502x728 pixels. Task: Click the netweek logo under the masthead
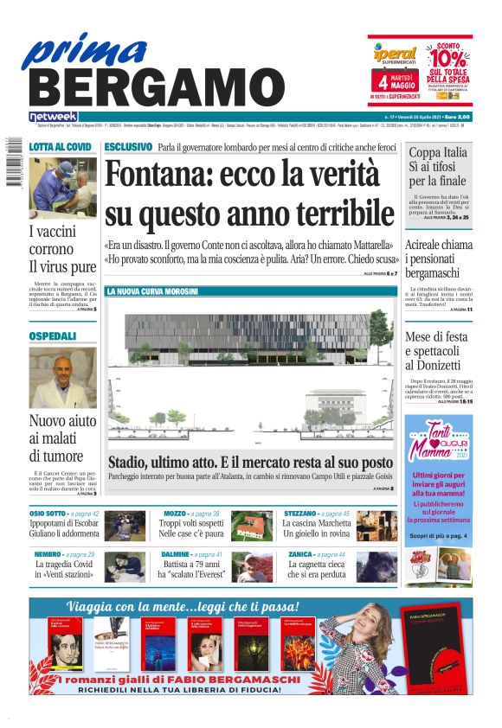point(54,116)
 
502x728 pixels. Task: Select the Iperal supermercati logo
point(395,54)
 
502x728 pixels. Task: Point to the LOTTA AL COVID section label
point(61,147)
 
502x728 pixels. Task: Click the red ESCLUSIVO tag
point(128,147)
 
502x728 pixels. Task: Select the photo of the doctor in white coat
point(63,376)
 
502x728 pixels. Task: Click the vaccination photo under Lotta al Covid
point(63,188)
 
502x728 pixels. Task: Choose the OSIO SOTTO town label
point(49,514)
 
